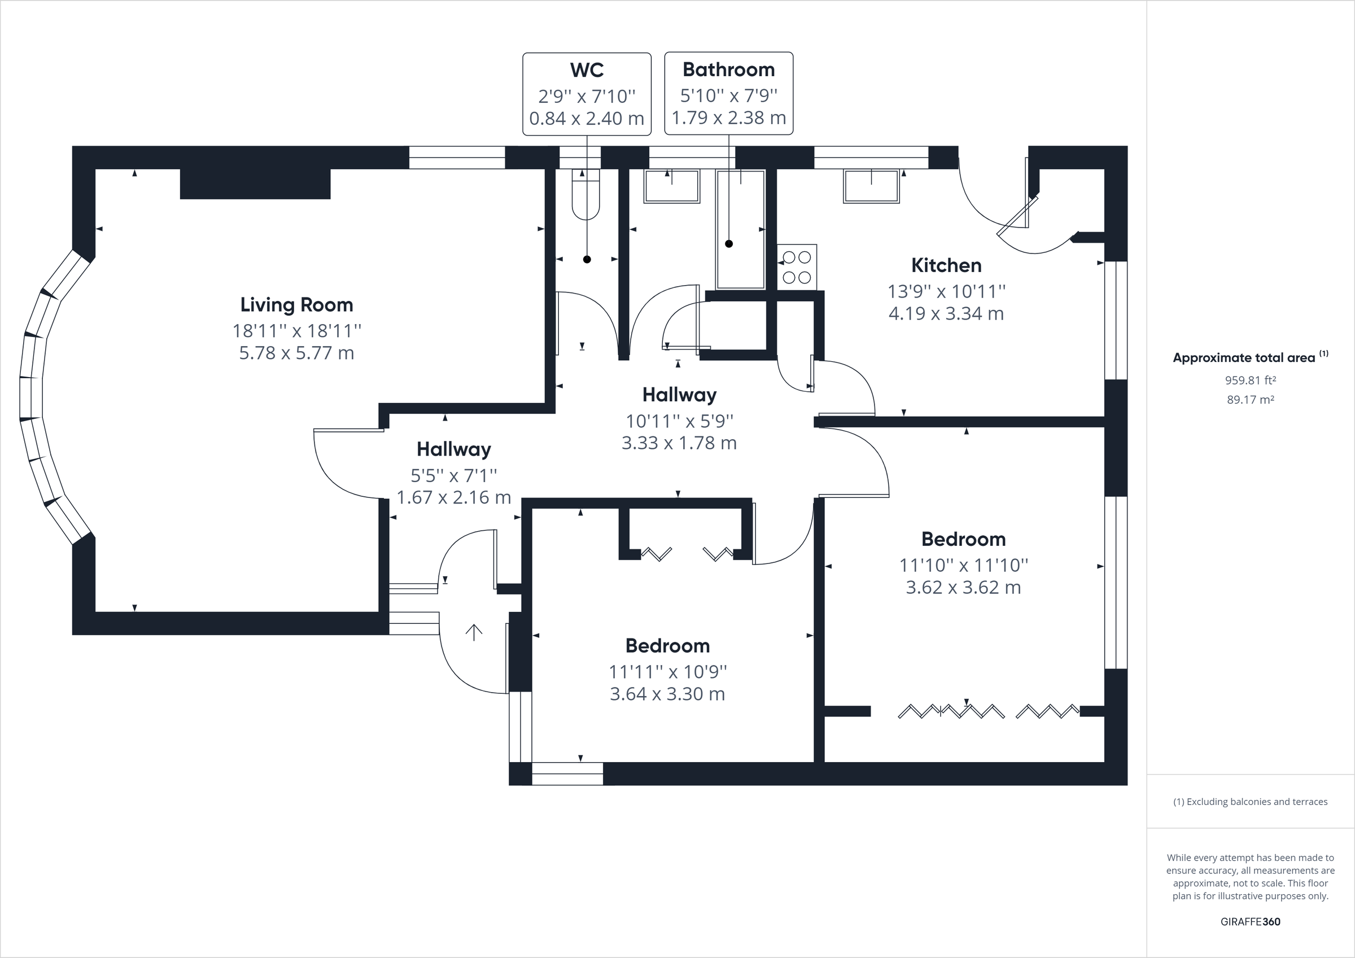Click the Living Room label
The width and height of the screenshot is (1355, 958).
(296, 305)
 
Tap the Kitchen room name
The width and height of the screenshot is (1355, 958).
(946, 265)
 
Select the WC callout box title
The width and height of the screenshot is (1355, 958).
(587, 69)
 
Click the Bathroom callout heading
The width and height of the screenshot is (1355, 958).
(728, 69)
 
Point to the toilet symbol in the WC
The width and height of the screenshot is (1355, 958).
(585, 195)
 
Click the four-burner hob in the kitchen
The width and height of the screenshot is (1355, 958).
(797, 267)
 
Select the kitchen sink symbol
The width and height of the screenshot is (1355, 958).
(871, 186)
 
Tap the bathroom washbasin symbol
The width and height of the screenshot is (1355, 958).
(672, 186)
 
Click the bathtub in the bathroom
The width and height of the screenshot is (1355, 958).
(741, 230)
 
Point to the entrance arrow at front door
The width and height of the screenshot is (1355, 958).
(474, 632)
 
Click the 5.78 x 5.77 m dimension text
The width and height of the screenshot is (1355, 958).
(296, 353)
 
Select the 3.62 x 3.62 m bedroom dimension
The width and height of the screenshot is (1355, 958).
(963, 587)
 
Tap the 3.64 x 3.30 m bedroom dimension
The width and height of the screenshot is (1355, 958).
(667, 694)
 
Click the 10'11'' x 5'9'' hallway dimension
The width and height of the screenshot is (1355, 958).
(679, 421)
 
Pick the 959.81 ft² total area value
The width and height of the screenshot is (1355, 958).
(1250, 380)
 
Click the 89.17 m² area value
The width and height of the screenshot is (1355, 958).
(1250, 400)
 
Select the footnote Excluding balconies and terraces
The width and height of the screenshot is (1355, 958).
(1250, 802)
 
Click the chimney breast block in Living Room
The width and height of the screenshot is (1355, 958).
(255, 183)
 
